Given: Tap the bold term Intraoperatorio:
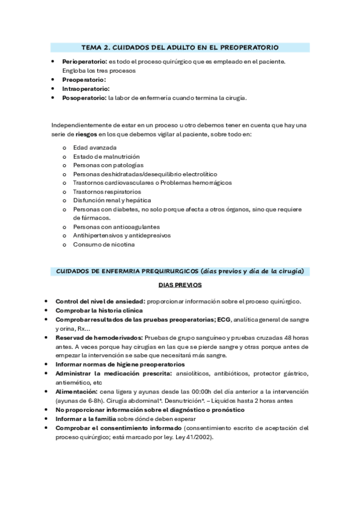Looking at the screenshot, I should (86, 88).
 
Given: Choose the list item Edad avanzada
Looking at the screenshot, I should (94, 147).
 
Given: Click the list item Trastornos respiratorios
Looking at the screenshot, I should (107, 191).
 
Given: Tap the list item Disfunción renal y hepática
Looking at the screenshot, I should (112, 200).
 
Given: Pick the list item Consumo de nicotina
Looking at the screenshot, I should (104, 244).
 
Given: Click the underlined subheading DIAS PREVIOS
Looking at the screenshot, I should (180, 284).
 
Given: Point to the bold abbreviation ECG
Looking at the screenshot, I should (224, 319).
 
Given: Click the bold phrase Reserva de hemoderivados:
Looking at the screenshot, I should (99, 338).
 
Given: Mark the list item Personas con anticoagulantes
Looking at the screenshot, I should (116, 226).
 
